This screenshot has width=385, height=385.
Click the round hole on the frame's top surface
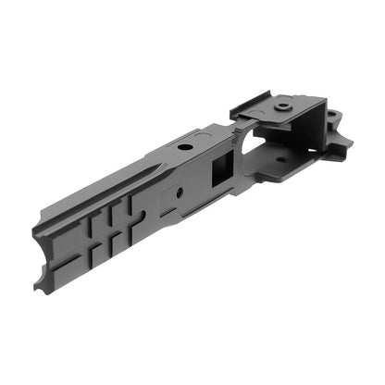(185, 147)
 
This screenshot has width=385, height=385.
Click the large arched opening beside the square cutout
(248, 145)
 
